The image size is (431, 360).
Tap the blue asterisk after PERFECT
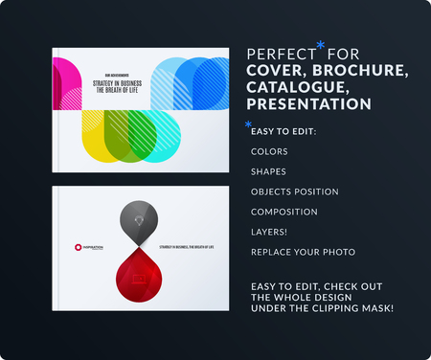(x=320, y=45)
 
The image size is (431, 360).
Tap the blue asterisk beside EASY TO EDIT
(x=248, y=124)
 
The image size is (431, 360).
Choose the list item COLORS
(x=268, y=151)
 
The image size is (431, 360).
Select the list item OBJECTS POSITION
(x=293, y=191)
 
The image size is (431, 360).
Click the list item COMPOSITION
(x=284, y=212)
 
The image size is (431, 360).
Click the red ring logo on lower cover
(x=81, y=248)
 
